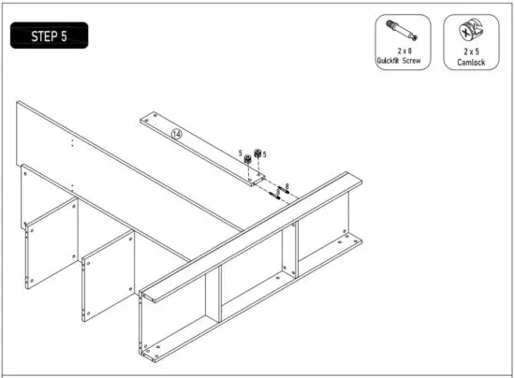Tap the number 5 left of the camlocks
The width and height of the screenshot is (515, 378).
point(240,153)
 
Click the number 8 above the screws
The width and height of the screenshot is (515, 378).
point(287,185)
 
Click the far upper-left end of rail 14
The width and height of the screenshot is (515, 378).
point(143,119)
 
